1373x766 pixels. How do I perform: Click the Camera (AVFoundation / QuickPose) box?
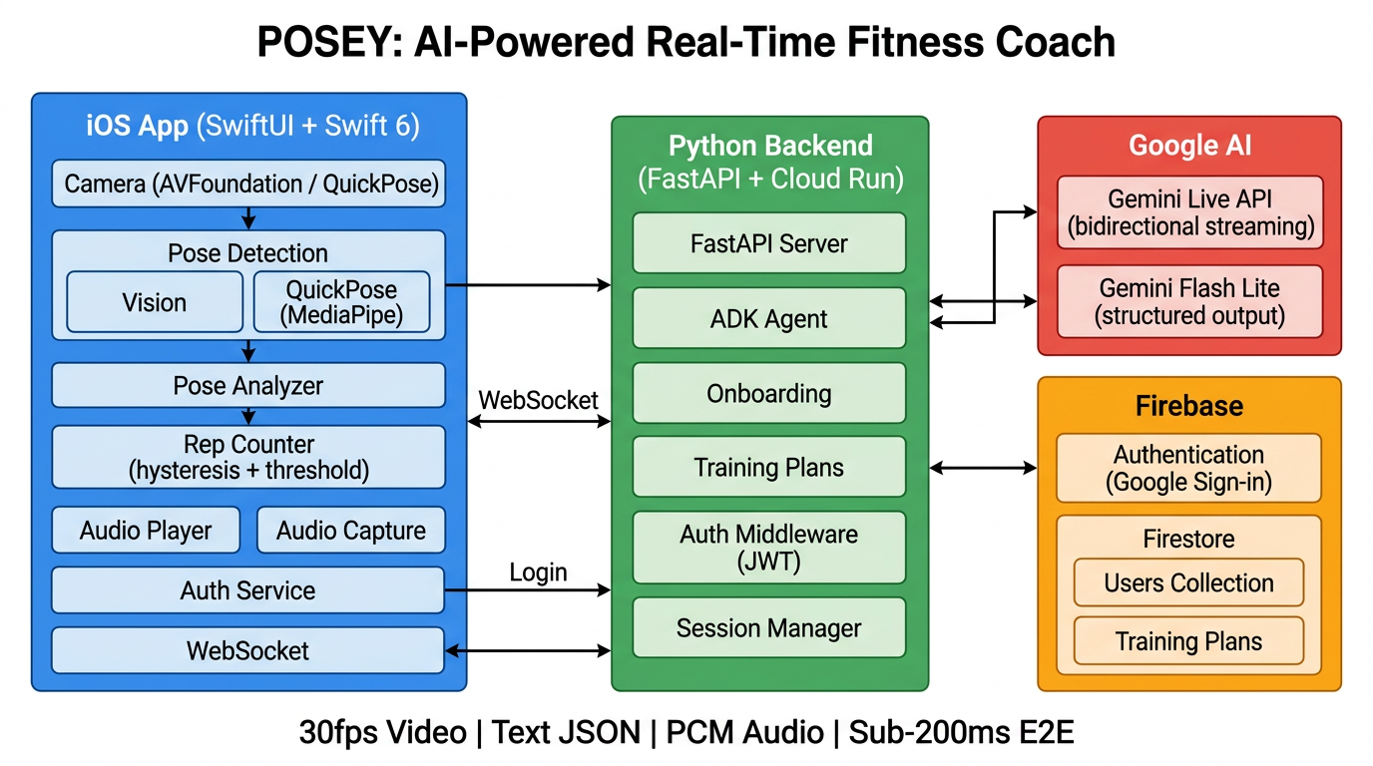click(248, 185)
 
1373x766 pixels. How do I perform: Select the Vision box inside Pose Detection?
click(155, 302)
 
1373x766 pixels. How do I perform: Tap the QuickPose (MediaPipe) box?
click(341, 302)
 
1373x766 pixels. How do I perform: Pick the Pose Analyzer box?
click(248, 385)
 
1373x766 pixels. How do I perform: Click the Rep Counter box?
click(248, 457)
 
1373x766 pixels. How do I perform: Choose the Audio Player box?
click(146, 531)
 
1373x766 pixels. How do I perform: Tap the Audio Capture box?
click(350, 531)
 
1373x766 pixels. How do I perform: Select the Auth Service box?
click(248, 590)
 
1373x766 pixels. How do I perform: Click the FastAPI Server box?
click(769, 243)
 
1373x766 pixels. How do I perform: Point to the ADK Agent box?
click(769, 319)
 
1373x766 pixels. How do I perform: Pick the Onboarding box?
click(769, 393)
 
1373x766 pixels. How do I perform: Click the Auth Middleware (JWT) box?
click(769, 548)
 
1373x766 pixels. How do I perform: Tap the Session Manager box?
click(769, 628)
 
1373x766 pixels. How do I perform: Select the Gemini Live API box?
click(1189, 212)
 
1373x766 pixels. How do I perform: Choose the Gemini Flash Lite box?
click(1189, 302)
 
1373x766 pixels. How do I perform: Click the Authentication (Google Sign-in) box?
click(1189, 469)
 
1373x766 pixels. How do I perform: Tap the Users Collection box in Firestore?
click(1188, 582)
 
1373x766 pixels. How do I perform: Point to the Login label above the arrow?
click(538, 573)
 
